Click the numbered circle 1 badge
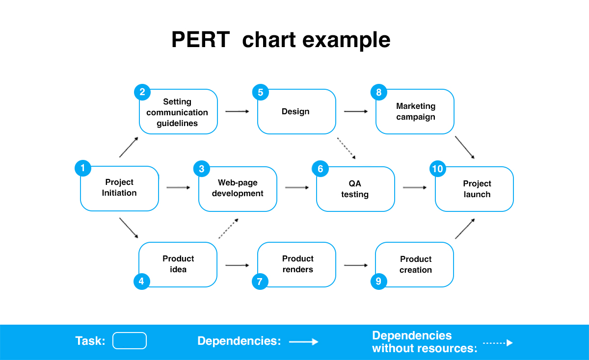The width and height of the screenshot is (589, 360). pyautogui.click(x=83, y=168)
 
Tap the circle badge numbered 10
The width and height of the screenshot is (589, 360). pyautogui.click(x=437, y=169)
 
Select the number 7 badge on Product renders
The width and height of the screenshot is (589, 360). pyautogui.click(x=260, y=282)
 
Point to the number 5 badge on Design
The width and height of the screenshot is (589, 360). pyautogui.click(x=260, y=92)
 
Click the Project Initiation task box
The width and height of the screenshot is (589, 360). pyautogui.click(x=119, y=188)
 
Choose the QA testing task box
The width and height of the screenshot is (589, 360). pyautogui.click(x=355, y=189)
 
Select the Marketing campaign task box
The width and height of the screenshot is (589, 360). pyautogui.click(x=415, y=112)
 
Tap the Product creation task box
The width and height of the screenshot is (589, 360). pyautogui.click(x=414, y=265)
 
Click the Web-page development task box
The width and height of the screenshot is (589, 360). pyautogui.click(x=238, y=189)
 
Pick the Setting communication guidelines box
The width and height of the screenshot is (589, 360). pyautogui.click(x=178, y=112)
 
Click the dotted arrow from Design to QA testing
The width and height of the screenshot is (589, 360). pyautogui.click(x=347, y=148)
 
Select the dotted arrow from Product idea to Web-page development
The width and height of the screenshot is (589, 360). pyautogui.click(x=229, y=229)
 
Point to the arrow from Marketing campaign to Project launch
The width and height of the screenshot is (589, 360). pyautogui.click(x=465, y=148)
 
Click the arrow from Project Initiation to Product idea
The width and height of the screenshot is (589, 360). pyautogui.click(x=129, y=228)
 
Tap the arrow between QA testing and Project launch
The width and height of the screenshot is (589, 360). pyautogui.click(x=415, y=187)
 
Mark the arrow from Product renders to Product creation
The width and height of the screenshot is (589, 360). pyautogui.click(x=356, y=265)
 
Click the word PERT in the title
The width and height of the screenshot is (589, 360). pyautogui.click(x=201, y=40)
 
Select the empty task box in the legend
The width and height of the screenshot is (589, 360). pyautogui.click(x=130, y=340)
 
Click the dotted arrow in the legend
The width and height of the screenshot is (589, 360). pyautogui.click(x=498, y=343)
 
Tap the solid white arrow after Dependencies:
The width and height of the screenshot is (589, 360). pyautogui.click(x=304, y=341)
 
